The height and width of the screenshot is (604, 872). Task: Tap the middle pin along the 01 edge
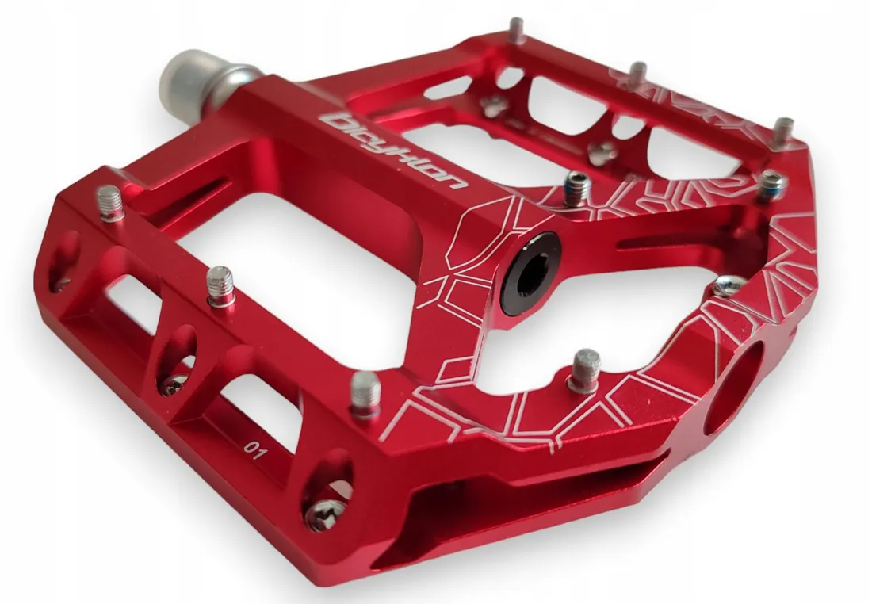[x=221, y=286]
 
